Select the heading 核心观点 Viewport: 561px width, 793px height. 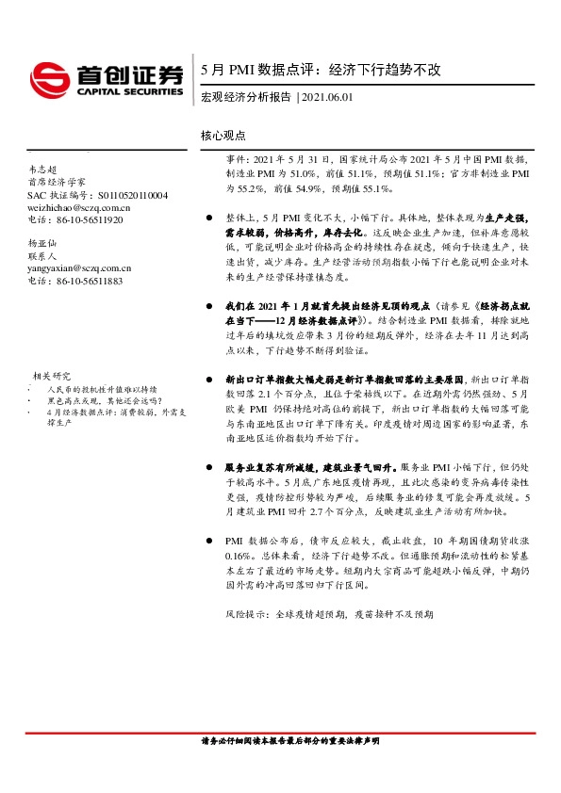click(223, 136)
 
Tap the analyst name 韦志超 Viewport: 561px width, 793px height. click(42, 170)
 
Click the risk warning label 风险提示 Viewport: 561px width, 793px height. click(245, 613)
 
